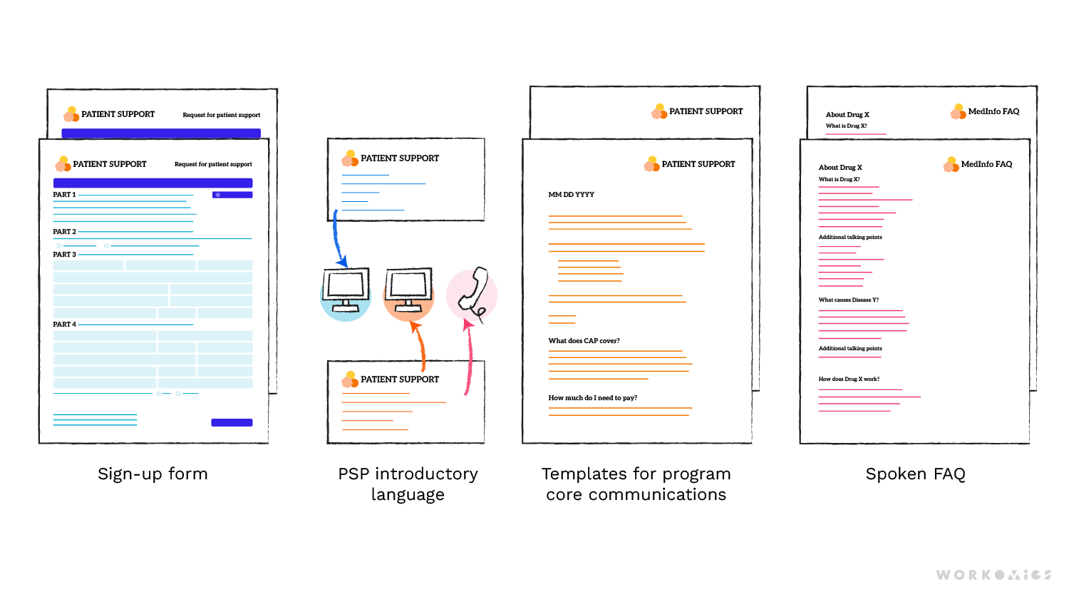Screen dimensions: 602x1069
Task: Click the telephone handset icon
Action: (x=474, y=292)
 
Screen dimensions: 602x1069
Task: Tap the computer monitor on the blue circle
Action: (x=346, y=289)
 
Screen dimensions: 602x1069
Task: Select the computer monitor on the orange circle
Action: (x=408, y=289)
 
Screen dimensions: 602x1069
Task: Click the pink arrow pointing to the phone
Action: (x=469, y=357)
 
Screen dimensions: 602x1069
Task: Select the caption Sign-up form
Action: (x=153, y=474)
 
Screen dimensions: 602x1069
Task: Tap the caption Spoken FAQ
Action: (x=915, y=474)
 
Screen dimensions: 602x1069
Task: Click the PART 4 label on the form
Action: (x=64, y=325)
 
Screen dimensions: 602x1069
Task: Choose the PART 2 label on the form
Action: (x=64, y=232)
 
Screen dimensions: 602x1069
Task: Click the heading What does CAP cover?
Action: (x=584, y=341)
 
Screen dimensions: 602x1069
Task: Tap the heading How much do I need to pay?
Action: (x=592, y=398)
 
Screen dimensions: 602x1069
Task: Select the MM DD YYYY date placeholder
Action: (x=571, y=195)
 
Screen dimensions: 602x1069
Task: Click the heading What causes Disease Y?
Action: (x=848, y=300)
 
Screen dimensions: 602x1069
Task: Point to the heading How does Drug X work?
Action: (x=849, y=379)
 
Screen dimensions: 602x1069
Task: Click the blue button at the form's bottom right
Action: (x=232, y=423)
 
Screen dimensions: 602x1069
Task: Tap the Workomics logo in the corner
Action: (x=993, y=575)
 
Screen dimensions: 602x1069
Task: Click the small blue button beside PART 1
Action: (x=232, y=195)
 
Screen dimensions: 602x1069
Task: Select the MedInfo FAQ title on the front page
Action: (x=986, y=164)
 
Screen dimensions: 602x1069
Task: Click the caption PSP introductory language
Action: (x=408, y=484)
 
